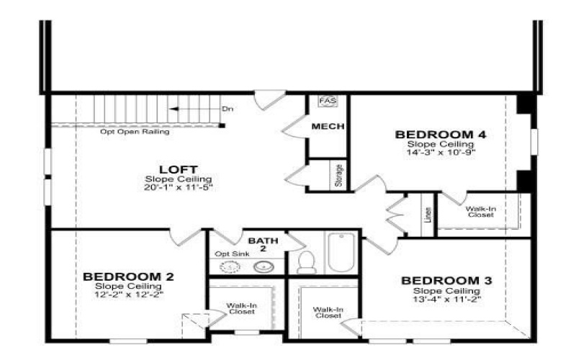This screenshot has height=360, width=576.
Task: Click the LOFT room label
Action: click(x=170, y=168)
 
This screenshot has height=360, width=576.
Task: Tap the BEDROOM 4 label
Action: click(x=431, y=135)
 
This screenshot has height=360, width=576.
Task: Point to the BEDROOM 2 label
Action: click(x=128, y=276)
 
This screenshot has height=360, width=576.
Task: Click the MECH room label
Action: click(x=328, y=127)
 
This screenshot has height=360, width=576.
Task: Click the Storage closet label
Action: click(x=339, y=176)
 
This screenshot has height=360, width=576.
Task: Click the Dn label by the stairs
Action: click(x=228, y=109)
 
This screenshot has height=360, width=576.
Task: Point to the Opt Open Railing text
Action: click(x=135, y=132)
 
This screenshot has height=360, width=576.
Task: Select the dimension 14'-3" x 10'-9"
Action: click(x=431, y=152)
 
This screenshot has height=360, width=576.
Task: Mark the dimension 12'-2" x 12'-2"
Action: click(x=128, y=294)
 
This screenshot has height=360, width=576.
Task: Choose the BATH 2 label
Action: click(x=257, y=243)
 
